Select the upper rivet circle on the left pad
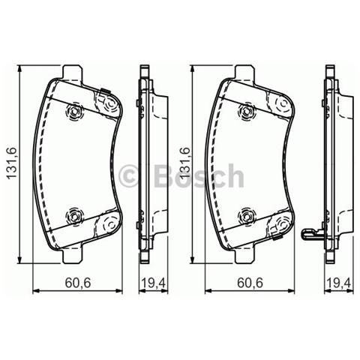coord(75,112)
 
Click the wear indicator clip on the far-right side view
coord(310,236)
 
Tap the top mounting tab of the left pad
coord(73,74)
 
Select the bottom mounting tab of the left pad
coord(73,254)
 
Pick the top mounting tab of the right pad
coord(245,74)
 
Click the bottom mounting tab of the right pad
coord(245,254)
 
